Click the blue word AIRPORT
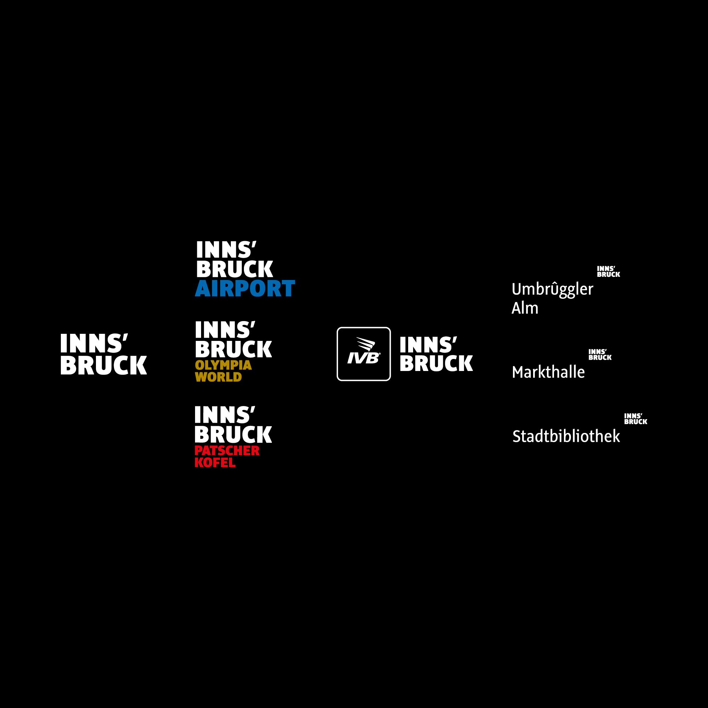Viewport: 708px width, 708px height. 245,289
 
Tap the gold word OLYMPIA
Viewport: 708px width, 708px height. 223,365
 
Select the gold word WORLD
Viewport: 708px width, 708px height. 218,377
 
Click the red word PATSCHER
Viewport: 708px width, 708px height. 227,451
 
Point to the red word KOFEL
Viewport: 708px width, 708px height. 215,462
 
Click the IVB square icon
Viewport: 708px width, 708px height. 364,354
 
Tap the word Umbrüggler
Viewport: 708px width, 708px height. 552,290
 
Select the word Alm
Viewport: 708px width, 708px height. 525,309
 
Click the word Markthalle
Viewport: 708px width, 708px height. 548,373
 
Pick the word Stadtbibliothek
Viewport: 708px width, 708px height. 566,436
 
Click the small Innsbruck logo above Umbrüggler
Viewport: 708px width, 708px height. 608,272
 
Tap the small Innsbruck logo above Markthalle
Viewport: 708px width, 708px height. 600,354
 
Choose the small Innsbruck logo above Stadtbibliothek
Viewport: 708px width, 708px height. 635,418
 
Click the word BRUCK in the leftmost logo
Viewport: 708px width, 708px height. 104,365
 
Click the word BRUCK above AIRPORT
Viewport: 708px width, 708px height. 235,269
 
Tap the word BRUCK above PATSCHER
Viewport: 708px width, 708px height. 233,434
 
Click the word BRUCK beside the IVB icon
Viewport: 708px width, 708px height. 436,363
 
